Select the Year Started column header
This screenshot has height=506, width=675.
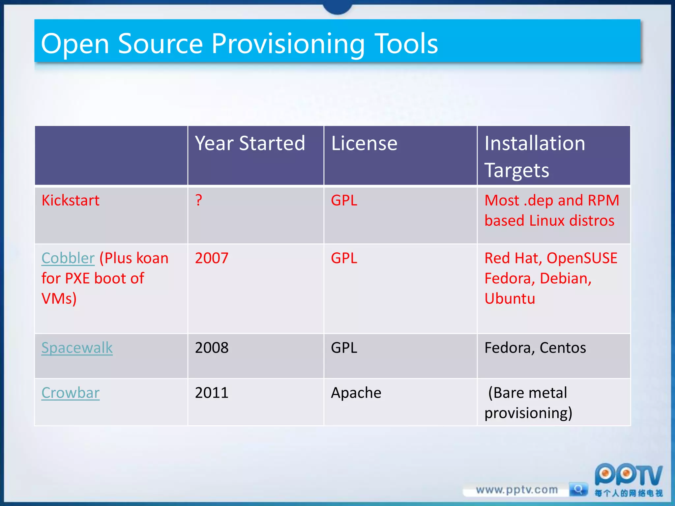[250, 143]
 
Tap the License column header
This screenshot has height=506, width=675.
[364, 143]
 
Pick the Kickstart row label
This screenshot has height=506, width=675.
[71, 200]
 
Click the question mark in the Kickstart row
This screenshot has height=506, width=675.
[199, 200]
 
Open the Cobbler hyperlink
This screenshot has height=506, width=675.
[68, 258]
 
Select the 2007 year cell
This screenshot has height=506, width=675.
[212, 258]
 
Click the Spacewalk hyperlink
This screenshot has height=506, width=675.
[77, 348]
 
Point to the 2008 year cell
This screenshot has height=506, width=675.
[212, 348]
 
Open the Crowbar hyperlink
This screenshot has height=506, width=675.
[70, 393]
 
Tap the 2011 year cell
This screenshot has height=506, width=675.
[212, 393]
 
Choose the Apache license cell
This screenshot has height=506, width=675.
[356, 393]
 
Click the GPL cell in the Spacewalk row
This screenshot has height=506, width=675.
[344, 348]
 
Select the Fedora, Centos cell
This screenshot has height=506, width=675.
[535, 348]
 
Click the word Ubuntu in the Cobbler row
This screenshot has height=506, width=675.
[510, 298]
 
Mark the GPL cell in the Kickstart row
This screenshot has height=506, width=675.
[344, 200]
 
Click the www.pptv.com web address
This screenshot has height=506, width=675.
[516, 490]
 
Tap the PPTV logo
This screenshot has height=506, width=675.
[628, 476]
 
